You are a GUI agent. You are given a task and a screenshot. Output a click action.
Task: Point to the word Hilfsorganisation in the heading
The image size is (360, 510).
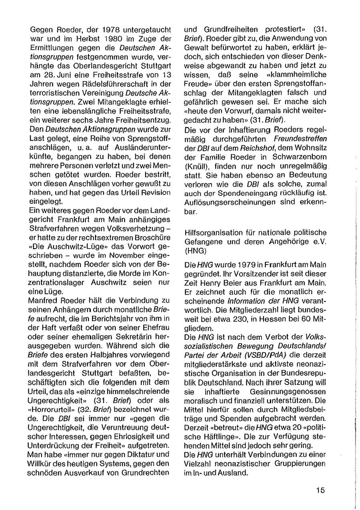(210, 232)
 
